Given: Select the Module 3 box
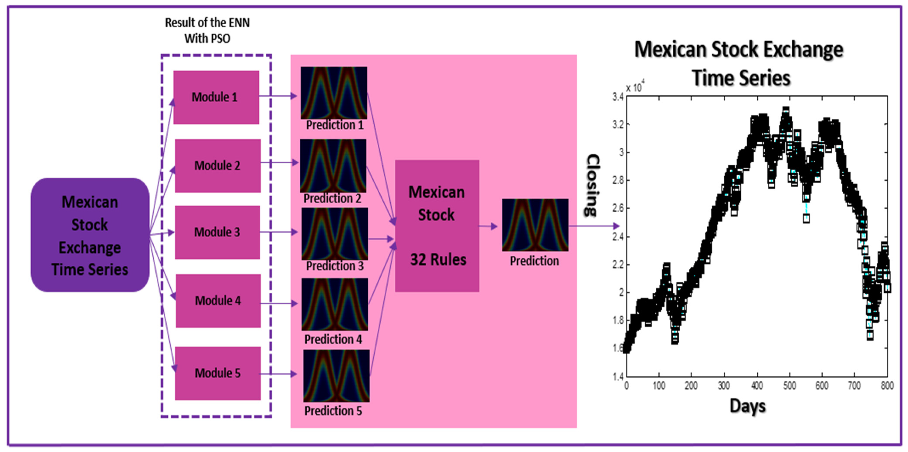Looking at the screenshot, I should pyautogui.click(x=217, y=232).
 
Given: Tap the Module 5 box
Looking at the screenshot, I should pyautogui.click(x=217, y=373).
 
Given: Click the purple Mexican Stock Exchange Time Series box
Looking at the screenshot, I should pyautogui.click(x=90, y=235).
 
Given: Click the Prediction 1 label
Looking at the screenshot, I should pyautogui.click(x=334, y=125).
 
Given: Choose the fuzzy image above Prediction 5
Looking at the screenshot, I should pyautogui.click(x=336, y=376).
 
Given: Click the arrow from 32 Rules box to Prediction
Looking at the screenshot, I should pyautogui.click(x=488, y=226).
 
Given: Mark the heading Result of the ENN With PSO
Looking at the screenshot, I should pyautogui.click(x=207, y=30).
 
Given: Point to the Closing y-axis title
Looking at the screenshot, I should pyautogui.click(x=592, y=185).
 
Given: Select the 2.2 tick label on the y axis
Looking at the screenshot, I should pyautogui.click(x=618, y=265).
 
